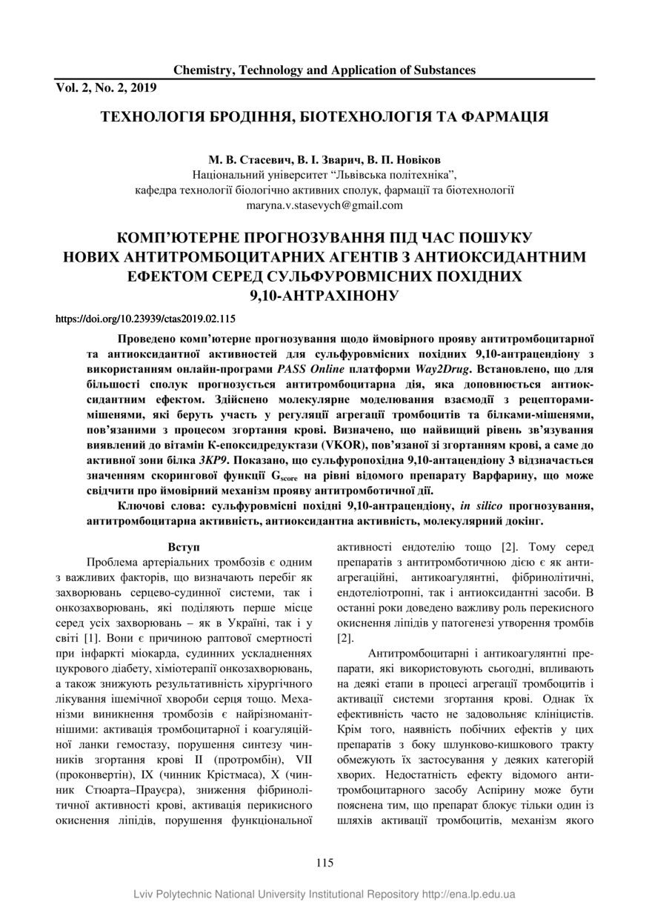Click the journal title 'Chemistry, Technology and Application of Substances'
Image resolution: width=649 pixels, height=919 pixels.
tap(324, 70)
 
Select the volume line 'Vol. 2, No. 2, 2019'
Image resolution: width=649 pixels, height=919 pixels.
tap(106, 87)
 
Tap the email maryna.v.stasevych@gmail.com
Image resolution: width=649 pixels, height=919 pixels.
tap(324, 205)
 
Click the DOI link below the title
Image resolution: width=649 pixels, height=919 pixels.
tap(146, 319)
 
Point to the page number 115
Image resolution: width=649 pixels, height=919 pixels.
tap(324, 862)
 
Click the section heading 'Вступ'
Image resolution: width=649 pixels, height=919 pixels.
tap(184, 547)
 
